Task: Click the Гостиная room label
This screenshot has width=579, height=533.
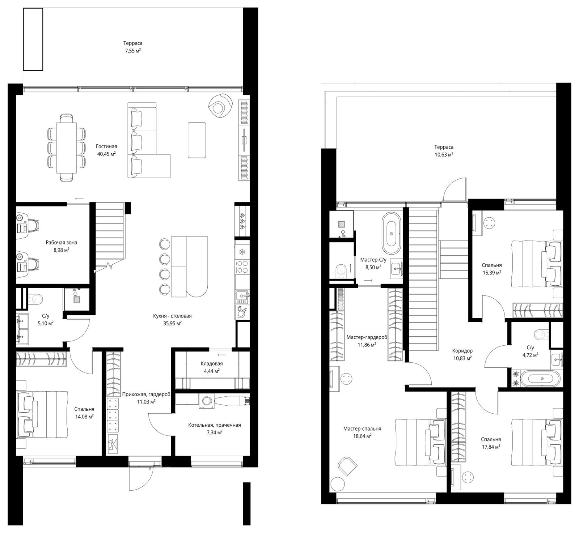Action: [106, 146]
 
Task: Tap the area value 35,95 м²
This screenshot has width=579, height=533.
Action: [172, 323]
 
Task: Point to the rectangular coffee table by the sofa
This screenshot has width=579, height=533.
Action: [197, 140]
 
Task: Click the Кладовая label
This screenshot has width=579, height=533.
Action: [212, 363]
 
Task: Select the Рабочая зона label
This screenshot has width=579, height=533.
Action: [62, 242]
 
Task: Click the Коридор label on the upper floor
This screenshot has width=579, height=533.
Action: [462, 350]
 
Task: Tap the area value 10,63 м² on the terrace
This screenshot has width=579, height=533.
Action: [444, 154]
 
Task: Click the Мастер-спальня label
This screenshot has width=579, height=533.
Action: [362, 428]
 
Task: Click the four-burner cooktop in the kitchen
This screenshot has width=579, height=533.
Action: [242, 266]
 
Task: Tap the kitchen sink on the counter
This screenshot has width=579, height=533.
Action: [242, 296]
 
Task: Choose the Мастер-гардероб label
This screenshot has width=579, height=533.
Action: [367, 337]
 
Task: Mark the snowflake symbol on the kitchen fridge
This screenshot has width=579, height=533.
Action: [242, 251]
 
